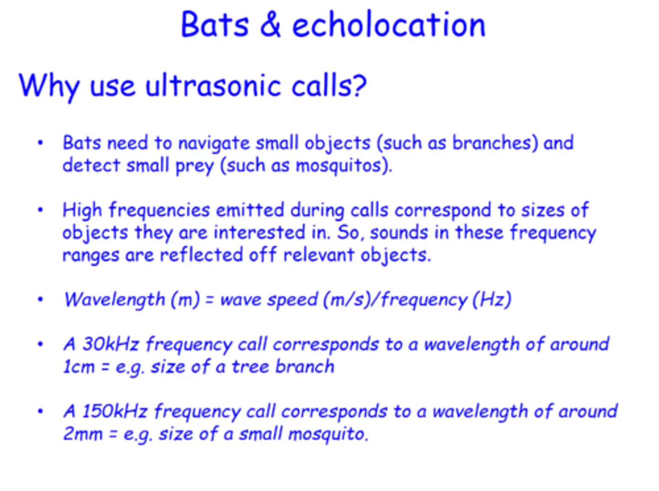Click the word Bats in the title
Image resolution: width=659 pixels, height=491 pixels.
click(215, 25)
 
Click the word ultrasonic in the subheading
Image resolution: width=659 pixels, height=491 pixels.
click(213, 86)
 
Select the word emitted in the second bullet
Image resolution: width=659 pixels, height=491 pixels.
click(250, 210)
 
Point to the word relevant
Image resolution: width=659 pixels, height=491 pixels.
click(319, 255)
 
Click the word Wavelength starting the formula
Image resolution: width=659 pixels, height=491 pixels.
click(114, 299)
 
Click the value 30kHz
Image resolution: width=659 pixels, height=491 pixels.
click(110, 344)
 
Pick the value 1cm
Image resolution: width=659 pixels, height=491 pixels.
click(79, 367)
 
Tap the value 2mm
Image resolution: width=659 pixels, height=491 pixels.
click(83, 434)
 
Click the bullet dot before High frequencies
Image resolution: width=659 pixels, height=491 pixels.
click(40, 210)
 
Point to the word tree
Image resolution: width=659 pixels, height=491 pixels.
click(250, 367)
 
